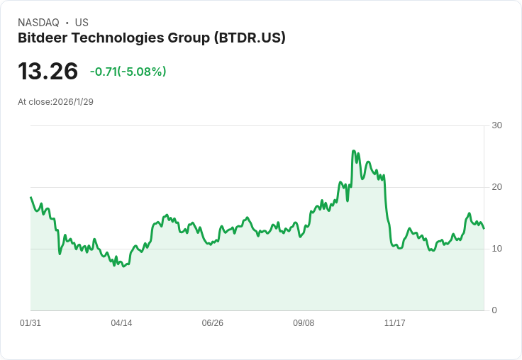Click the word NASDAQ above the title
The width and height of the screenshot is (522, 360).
pos(38,23)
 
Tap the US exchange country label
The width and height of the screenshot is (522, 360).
pos(82,23)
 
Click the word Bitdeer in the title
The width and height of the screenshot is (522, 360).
pos(43,38)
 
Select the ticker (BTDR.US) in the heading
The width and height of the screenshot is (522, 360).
pos(250,38)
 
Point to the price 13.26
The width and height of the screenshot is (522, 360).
pos(48,71)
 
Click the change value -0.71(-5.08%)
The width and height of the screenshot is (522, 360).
pos(128,72)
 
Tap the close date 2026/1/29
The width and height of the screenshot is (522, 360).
pos(73,102)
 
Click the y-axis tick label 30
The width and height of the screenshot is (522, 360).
pos(496,125)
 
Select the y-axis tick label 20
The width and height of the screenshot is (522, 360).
pos(496,187)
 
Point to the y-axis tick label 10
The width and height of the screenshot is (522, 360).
pos(496,249)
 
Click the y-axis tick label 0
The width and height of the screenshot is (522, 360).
pos(494,310)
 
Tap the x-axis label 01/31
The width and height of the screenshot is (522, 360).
pos(30,322)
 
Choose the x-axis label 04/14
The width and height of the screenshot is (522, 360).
pos(121,322)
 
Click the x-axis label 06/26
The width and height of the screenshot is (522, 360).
pos(212,322)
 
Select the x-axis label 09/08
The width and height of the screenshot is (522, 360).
pos(304,322)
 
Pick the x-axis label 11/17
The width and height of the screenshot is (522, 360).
pos(395,322)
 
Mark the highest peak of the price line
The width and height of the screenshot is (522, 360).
pos(353,151)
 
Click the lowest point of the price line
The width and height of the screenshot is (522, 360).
pos(123,266)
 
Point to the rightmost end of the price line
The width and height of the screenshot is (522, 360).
pos(484,228)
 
